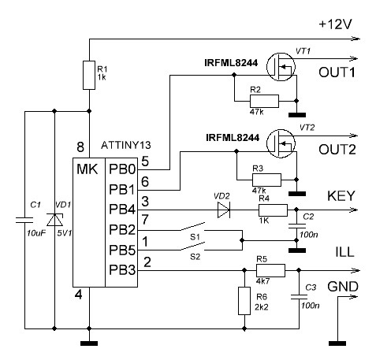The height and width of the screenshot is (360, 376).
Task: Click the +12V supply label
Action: [335, 24]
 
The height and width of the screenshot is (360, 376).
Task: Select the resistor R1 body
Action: [89, 75]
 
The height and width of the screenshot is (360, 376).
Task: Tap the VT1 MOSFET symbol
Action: [281, 67]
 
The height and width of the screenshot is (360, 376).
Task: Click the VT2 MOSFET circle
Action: [281, 143]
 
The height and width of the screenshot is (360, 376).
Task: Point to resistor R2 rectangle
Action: [264, 101]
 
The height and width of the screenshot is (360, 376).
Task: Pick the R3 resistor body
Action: [266, 180]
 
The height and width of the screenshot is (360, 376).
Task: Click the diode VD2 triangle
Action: [224, 210]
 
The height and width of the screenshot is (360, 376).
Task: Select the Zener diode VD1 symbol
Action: [54, 220]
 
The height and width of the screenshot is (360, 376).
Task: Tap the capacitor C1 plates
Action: [24, 220]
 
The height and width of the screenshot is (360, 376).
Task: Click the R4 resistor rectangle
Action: [273, 210]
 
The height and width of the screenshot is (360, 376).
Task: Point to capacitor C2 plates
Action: [296, 226]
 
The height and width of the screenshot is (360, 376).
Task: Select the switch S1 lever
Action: [192, 226]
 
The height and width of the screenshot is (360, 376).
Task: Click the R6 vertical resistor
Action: [244, 301]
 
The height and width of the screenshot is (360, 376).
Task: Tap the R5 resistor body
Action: [270, 270]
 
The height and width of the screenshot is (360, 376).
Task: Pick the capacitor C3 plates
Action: [299, 297]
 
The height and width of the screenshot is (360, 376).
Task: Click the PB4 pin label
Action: [122, 210]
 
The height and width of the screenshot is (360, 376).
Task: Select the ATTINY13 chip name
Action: [126, 145]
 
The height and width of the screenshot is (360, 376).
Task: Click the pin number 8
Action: [80, 147]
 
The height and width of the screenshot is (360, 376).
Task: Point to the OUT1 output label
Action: [337, 72]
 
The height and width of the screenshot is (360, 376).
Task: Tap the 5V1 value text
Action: [65, 232]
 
